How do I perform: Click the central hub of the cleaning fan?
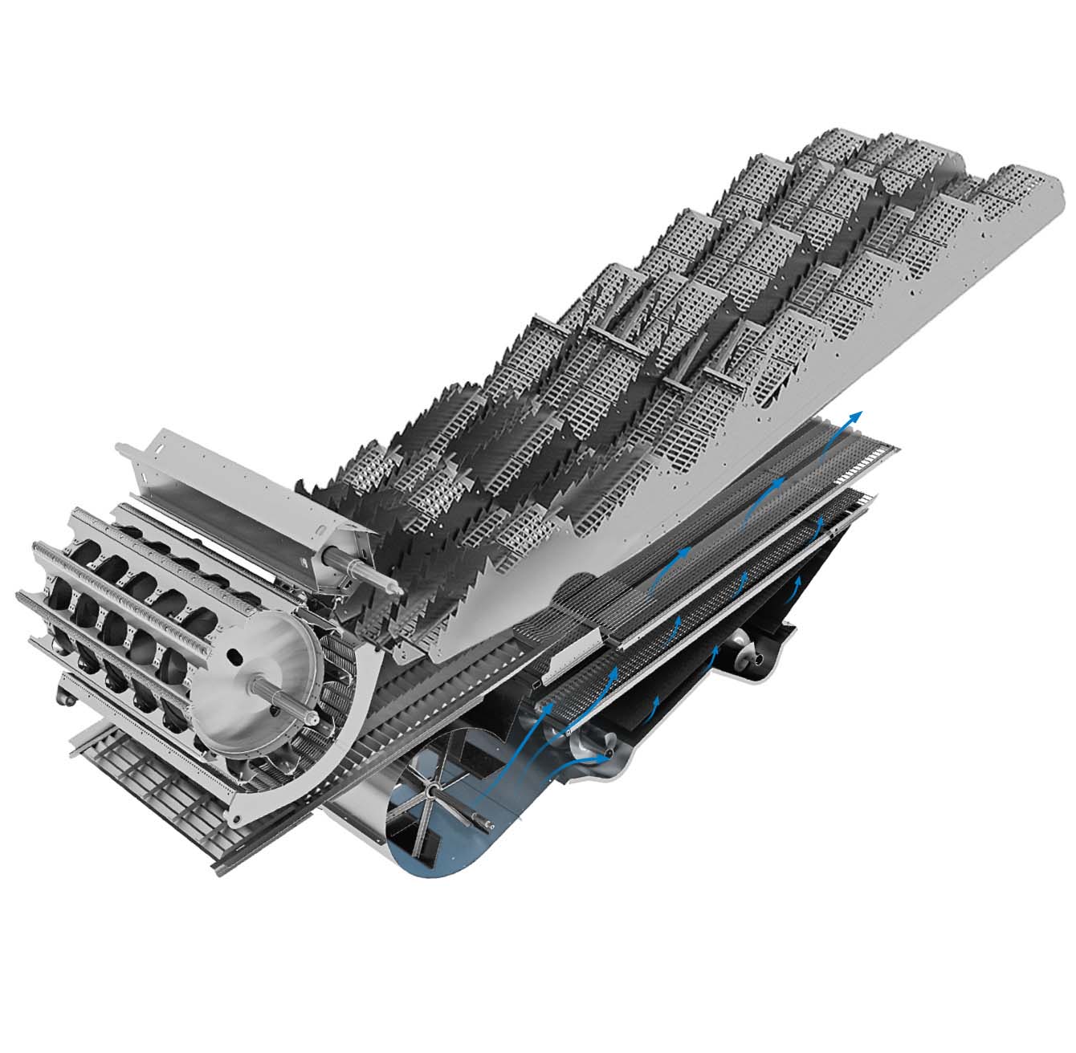[x=431, y=796]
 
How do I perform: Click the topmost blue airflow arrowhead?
[x=858, y=415]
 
